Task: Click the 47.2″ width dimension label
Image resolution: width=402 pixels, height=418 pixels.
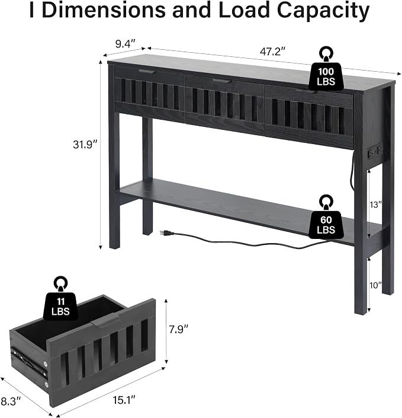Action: point(272,51)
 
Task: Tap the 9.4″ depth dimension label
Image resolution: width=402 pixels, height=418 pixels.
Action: point(126,44)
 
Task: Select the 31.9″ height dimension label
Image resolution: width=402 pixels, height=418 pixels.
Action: point(85,145)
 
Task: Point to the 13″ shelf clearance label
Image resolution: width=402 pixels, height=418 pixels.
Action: point(375,205)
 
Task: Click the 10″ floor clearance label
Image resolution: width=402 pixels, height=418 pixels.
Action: point(375,285)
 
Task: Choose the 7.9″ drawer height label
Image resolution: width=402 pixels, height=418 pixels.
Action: point(179,330)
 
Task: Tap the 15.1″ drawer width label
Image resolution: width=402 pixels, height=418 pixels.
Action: point(124,400)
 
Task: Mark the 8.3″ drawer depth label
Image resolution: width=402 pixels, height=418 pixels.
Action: point(11,401)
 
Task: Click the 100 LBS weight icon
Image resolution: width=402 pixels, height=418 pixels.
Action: point(326,69)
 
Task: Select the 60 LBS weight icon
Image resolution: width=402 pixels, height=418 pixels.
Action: point(326,217)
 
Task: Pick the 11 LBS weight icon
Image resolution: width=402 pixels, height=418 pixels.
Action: point(61,299)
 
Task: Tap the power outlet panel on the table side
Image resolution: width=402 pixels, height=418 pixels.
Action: point(375,151)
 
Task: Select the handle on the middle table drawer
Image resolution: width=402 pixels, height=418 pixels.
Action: point(222,81)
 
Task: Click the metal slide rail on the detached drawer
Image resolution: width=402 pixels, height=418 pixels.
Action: point(29,363)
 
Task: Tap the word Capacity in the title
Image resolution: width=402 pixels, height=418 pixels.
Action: point(323,11)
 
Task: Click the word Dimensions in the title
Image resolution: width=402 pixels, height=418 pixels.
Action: point(104,10)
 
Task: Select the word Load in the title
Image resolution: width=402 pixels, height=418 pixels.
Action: point(244,10)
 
